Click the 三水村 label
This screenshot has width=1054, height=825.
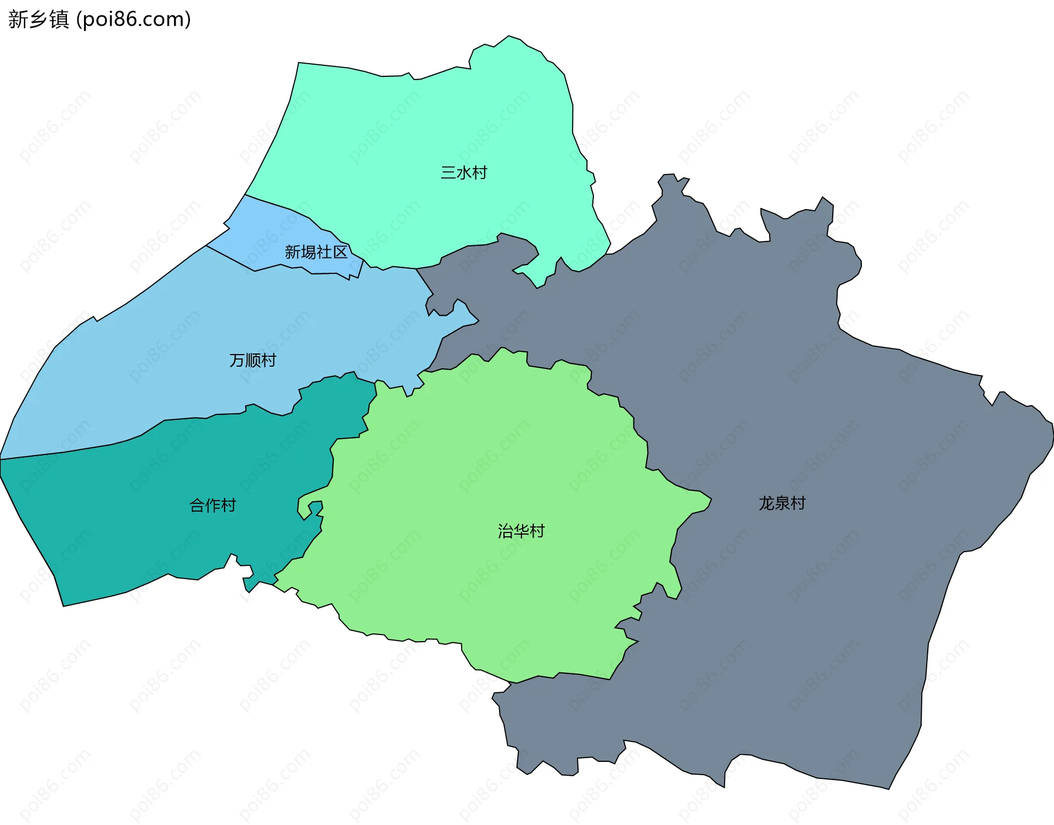pyautogui.click(x=464, y=173)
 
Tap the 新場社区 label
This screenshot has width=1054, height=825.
pyautogui.click(x=316, y=252)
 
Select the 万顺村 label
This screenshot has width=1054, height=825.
pyautogui.click(x=253, y=361)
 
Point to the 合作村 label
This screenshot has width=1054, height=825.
pyautogui.click(x=212, y=505)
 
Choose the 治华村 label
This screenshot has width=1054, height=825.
pyautogui.click(x=521, y=531)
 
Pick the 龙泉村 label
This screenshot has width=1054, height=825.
pyautogui.click(x=782, y=503)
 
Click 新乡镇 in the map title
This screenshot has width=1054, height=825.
pyautogui.click(x=38, y=19)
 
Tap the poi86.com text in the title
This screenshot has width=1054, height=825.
pyautogui.click(x=133, y=19)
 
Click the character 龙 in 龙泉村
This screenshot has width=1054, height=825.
pyautogui.click(x=766, y=503)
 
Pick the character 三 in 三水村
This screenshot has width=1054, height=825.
pyautogui.click(x=448, y=173)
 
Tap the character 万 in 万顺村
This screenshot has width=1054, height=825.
pyautogui.click(x=237, y=361)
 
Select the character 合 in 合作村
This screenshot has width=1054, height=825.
pyautogui.click(x=197, y=505)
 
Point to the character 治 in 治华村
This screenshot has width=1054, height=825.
pyautogui.click(x=506, y=531)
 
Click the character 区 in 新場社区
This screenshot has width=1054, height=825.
pyautogui.click(x=340, y=252)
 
